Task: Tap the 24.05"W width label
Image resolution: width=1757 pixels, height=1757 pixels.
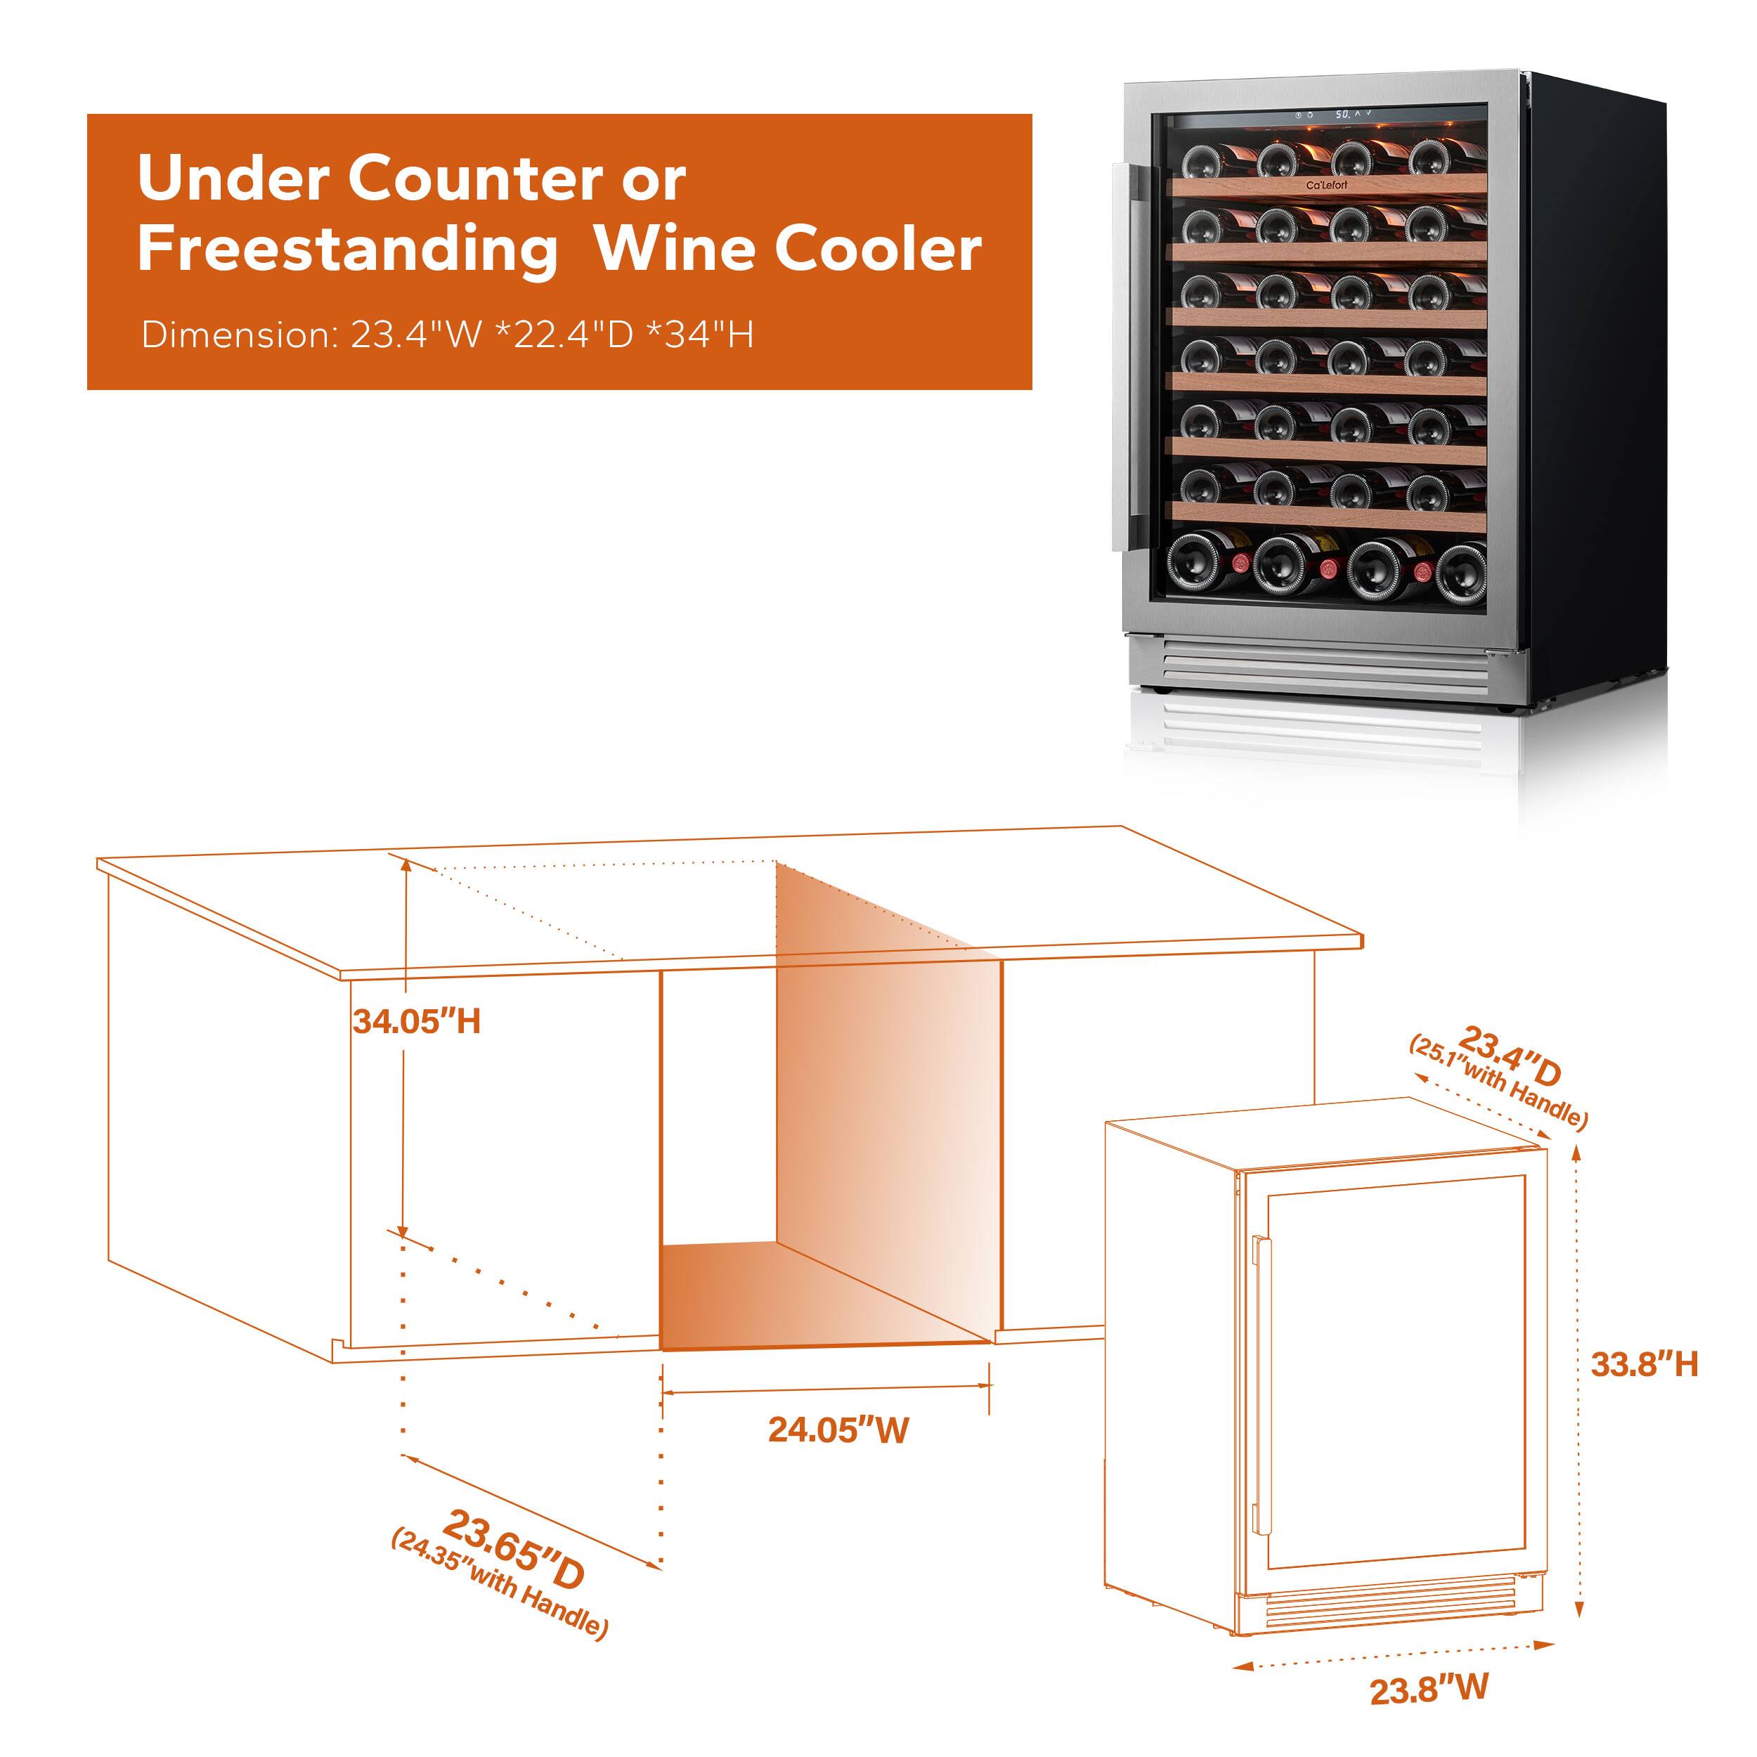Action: coord(838,1429)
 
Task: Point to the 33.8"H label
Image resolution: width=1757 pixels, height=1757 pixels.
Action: coord(1643,1364)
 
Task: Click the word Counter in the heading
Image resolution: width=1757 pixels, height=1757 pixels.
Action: coord(476,179)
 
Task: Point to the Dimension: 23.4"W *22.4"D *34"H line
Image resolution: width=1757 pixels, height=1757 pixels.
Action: coord(448,335)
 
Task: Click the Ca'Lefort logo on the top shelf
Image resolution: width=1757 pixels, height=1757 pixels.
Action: coord(1327,185)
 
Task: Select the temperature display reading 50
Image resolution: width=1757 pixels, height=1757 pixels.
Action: coord(1342,115)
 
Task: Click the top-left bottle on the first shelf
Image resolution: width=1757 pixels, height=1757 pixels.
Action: coord(1200,161)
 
